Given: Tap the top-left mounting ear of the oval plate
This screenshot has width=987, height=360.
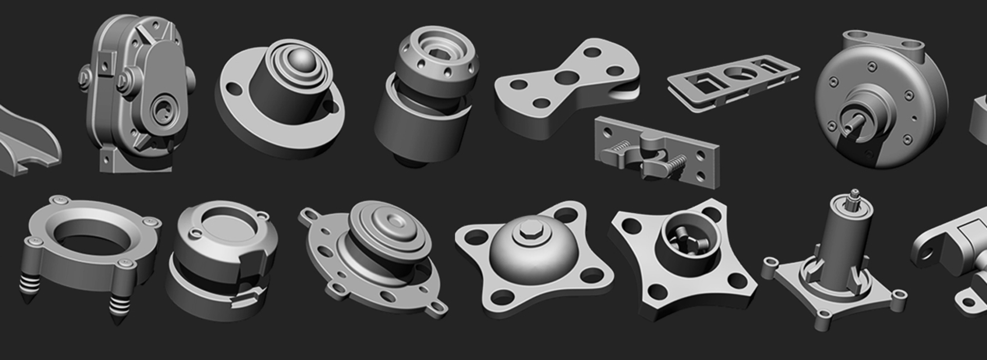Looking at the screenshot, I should coord(308,214).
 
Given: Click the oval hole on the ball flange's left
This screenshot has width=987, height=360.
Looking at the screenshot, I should coord(233,89).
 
